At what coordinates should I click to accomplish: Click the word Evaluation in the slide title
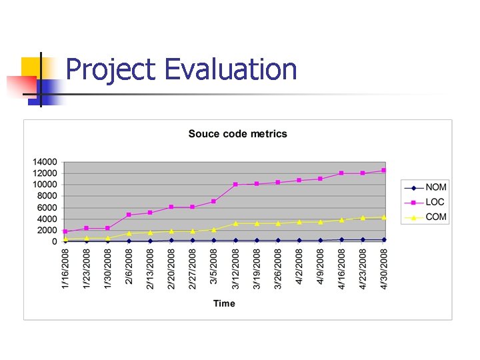coord(230,69)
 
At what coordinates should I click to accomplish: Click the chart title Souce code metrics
coord(238,134)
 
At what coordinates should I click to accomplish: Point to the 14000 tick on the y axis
coord(45,162)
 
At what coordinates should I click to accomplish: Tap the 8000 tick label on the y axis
coord(47,196)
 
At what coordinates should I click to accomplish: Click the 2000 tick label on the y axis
coord(47,231)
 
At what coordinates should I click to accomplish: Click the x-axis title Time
coord(224,303)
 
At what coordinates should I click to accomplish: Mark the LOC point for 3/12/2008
coord(235,184)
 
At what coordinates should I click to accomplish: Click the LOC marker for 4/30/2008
coord(384,171)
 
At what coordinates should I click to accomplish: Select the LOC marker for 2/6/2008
coord(129,215)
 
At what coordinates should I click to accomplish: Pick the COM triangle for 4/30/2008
coord(384,217)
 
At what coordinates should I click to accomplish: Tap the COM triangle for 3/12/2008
coord(235,223)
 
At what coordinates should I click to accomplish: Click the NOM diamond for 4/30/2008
coord(384,239)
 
